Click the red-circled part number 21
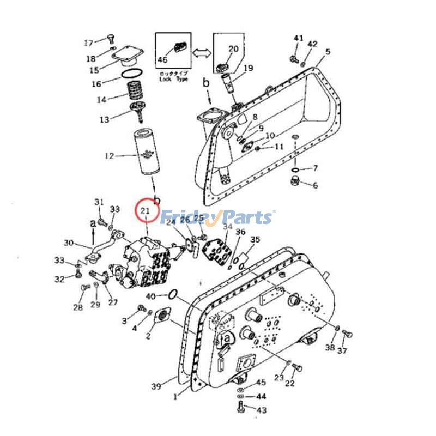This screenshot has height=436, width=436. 146,211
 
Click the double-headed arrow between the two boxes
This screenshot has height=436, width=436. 200,52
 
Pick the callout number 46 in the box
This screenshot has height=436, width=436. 162,60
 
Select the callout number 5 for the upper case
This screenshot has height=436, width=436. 328,52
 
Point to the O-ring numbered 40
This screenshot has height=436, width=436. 172,295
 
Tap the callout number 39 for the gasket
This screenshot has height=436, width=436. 156,386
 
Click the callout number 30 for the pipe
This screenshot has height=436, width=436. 68,243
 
